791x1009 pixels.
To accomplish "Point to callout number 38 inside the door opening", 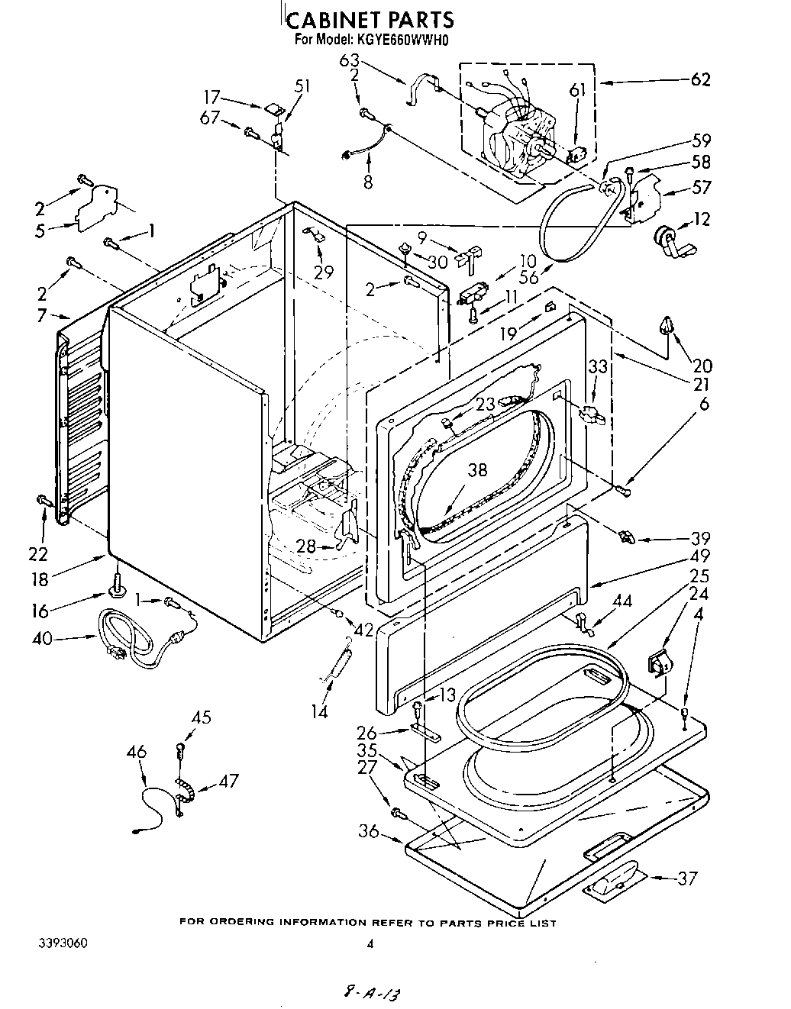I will click(477, 470).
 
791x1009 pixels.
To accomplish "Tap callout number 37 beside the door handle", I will click(687, 878).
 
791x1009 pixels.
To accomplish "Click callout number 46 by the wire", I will click(137, 753).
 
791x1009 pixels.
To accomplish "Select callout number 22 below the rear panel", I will click(38, 553).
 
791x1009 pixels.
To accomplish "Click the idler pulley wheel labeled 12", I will click(667, 237).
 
